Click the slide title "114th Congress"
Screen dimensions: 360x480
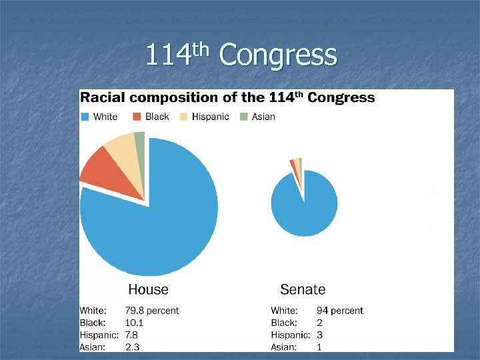coord(241,55)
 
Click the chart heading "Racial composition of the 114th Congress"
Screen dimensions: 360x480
coord(227,97)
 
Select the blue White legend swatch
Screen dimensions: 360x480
coord(85,117)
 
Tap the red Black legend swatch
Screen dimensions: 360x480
coord(137,117)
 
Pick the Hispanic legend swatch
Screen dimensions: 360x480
coord(183,117)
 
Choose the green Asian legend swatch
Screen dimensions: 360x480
coord(243,117)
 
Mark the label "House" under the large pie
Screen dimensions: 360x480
coord(148,289)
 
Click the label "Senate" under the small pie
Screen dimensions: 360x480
coord(303,289)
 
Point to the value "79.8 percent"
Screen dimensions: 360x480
coord(152,311)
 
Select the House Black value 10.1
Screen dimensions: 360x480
coord(134,323)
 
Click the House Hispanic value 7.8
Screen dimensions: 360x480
coord(131,335)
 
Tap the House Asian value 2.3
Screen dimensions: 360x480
coord(132,347)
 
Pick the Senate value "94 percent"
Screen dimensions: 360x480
coord(339,311)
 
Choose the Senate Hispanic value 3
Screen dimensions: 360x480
coord(319,335)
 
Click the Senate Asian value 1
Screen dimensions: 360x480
coord(319,347)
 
